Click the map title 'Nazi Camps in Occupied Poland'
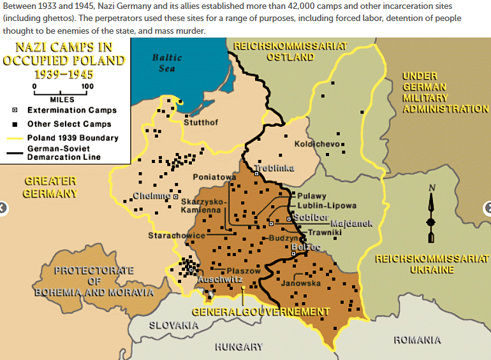click(x=64, y=61)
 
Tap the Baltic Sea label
click(x=167, y=62)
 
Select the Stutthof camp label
click(x=202, y=122)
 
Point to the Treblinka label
click(x=274, y=168)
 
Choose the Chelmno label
click(x=152, y=196)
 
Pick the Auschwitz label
click(x=220, y=279)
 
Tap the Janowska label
click(x=300, y=283)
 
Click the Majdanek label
click(x=351, y=224)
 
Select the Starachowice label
click(x=177, y=236)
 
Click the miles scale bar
click(x=61, y=93)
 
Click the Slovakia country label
click(x=174, y=325)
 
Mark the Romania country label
click(x=417, y=340)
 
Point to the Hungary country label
click(x=238, y=347)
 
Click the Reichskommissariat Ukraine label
click(x=432, y=264)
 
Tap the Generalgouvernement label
click(x=261, y=312)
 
